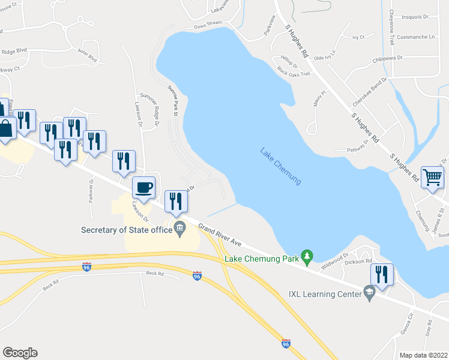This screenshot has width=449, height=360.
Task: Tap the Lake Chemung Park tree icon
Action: click(307, 257)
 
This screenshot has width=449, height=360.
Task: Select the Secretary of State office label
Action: click(126, 229)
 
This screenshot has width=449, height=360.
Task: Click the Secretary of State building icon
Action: click(179, 228)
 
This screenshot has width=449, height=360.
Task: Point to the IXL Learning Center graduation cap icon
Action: click(369, 293)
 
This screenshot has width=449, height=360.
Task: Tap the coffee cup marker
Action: click(143, 187)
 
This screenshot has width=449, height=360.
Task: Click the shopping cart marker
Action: click(432, 176)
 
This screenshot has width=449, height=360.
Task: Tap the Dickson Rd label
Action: click(359, 261)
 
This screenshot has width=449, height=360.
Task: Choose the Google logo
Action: click(20, 353)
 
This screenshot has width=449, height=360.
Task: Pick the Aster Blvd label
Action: click(87, 59)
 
